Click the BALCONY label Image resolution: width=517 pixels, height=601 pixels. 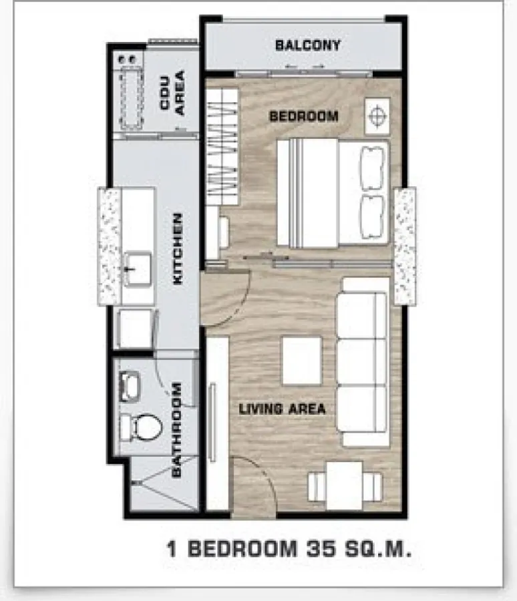click(307, 45)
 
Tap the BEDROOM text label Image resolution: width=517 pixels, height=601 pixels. click(304, 116)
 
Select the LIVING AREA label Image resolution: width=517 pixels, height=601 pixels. click(283, 409)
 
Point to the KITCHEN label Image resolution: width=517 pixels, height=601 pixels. click(177, 249)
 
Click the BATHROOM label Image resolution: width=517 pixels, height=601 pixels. click(176, 429)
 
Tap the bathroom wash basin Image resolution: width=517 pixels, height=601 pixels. click(130, 386)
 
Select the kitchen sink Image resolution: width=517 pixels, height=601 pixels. click(137, 268)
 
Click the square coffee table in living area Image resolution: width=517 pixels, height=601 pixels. click(302, 361)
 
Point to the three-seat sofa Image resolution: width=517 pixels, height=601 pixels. click(363, 361)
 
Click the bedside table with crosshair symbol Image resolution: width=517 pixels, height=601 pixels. click(377, 116)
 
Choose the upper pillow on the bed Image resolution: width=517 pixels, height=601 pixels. click(371, 168)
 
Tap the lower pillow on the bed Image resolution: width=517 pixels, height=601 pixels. click(371, 217)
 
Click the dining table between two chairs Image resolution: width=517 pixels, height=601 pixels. click(345, 486)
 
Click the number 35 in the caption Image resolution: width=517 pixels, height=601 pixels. click(321, 548)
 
